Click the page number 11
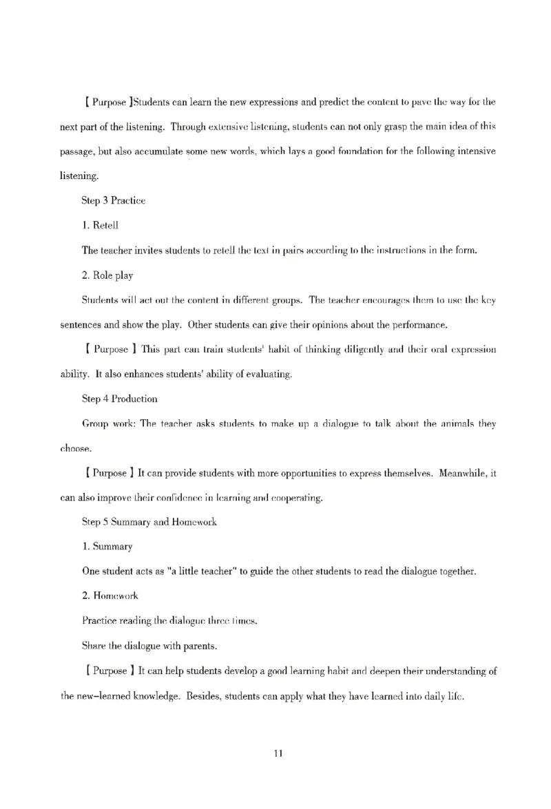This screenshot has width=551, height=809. (278, 753)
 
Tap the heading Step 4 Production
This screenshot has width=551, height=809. (119, 399)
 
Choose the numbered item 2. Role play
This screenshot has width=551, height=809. (107, 275)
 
